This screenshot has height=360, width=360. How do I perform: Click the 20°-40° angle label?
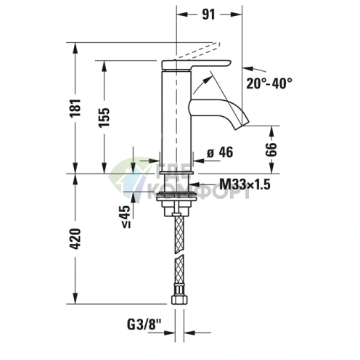pyautogui.click(x=269, y=83)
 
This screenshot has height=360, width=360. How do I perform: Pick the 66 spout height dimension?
pyautogui.click(x=272, y=150)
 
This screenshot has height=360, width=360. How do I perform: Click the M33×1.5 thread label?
pyautogui.click(x=245, y=186)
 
